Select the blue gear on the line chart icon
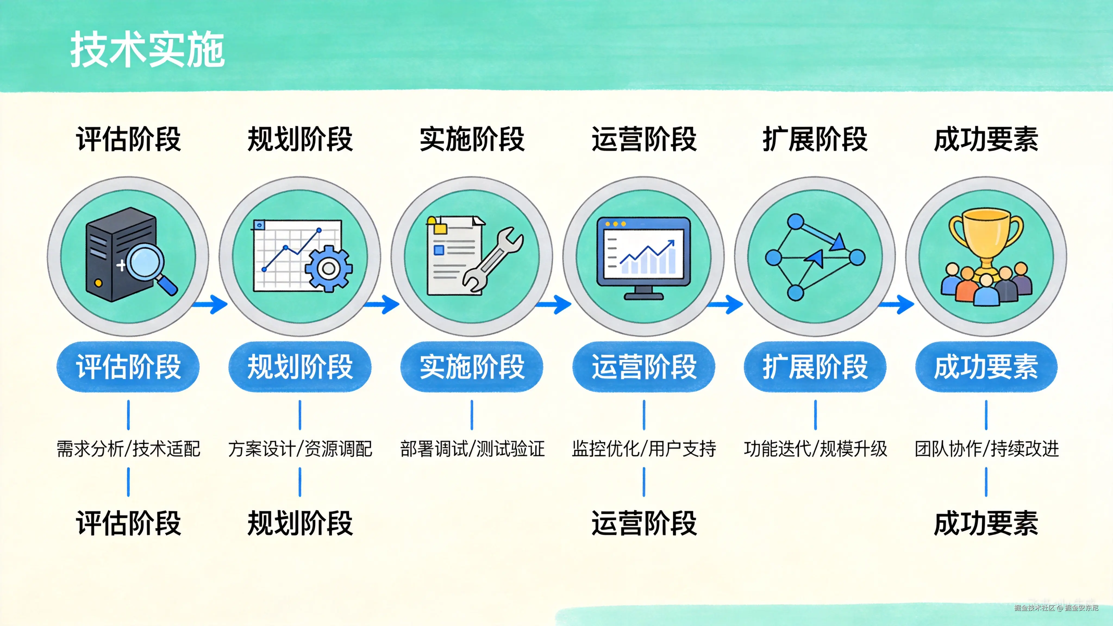click(x=328, y=268)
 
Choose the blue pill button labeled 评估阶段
click(x=128, y=367)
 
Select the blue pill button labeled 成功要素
click(x=986, y=367)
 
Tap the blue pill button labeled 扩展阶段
click(x=815, y=367)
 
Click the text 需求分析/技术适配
click(x=128, y=449)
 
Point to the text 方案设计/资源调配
click(x=300, y=449)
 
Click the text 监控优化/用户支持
click(x=644, y=449)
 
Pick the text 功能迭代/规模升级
click(x=815, y=449)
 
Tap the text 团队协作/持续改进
click(x=986, y=449)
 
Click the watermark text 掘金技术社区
click(x=1034, y=608)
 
